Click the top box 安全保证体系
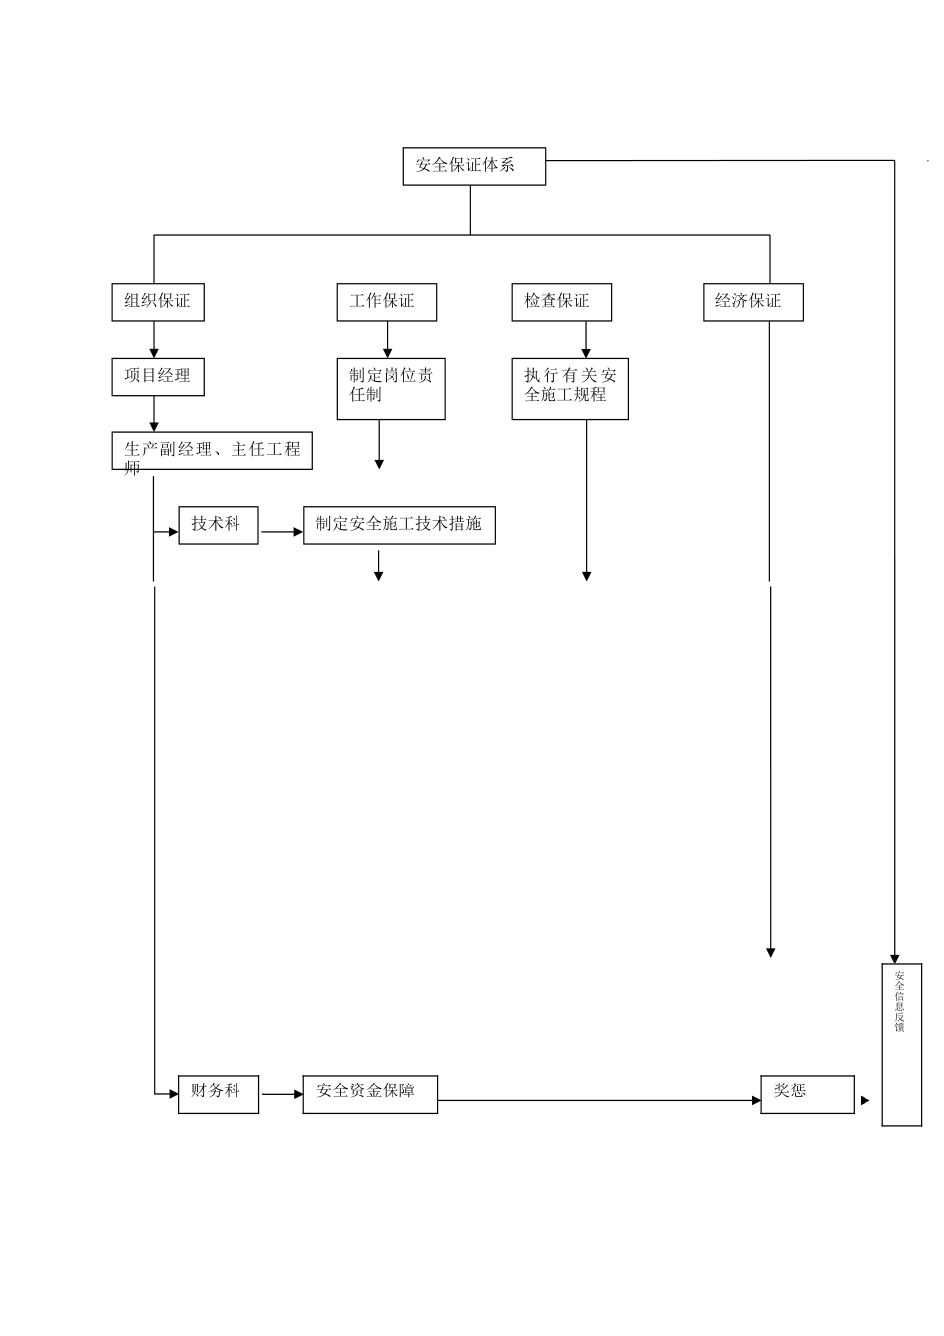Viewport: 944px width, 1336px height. click(x=473, y=166)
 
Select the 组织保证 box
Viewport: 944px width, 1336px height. click(x=157, y=302)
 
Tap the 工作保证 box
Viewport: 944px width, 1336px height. click(x=386, y=302)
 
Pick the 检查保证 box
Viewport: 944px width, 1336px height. click(x=561, y=302)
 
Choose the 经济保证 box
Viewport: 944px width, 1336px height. click(x=752, y=302)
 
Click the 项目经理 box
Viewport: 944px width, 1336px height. click(x=157, y=377)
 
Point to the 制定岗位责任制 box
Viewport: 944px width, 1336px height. click(x=391, y=389)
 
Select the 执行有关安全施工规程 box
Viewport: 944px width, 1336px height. click(x=569, y=389)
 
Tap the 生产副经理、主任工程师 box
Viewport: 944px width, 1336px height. click(x=212, y=451)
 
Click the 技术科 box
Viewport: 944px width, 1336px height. click(x=218, y=525)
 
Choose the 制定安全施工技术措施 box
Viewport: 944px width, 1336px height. click(x=398, y=525)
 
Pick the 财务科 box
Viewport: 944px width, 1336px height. click(x=218, y=1093)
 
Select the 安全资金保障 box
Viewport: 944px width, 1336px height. click(x=370, y=1093)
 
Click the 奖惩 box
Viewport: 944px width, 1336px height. click(x=807, y=1093)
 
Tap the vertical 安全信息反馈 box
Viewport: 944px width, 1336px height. click(x=901, y=1044)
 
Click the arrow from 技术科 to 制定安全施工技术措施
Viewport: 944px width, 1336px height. click(x=282, y=532)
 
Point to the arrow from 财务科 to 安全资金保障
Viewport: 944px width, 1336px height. click(x=282, y=1094)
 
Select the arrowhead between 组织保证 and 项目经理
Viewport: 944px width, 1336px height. click(x=154, y=352)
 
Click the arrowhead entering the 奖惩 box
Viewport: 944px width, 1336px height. click(x=756, y=1100)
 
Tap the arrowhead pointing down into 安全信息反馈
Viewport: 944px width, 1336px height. click(x=894, y=958)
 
